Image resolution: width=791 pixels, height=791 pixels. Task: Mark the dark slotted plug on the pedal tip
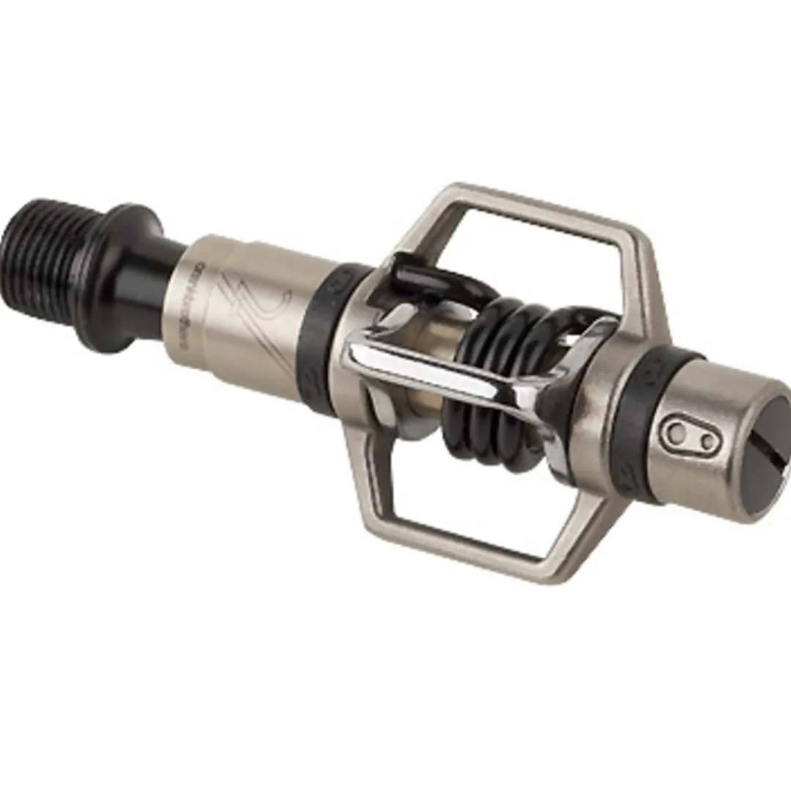pyautogui.click(x=762, y=469)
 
